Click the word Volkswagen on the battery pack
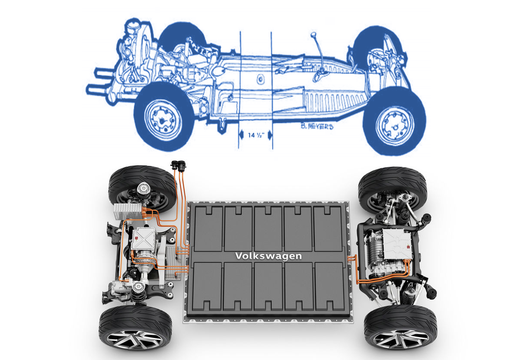pyautogui.click(x=268, y=256)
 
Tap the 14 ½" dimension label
pyautogui.click(x=256, y=135)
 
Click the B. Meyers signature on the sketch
pyautogui.click(x=317, y=126)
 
